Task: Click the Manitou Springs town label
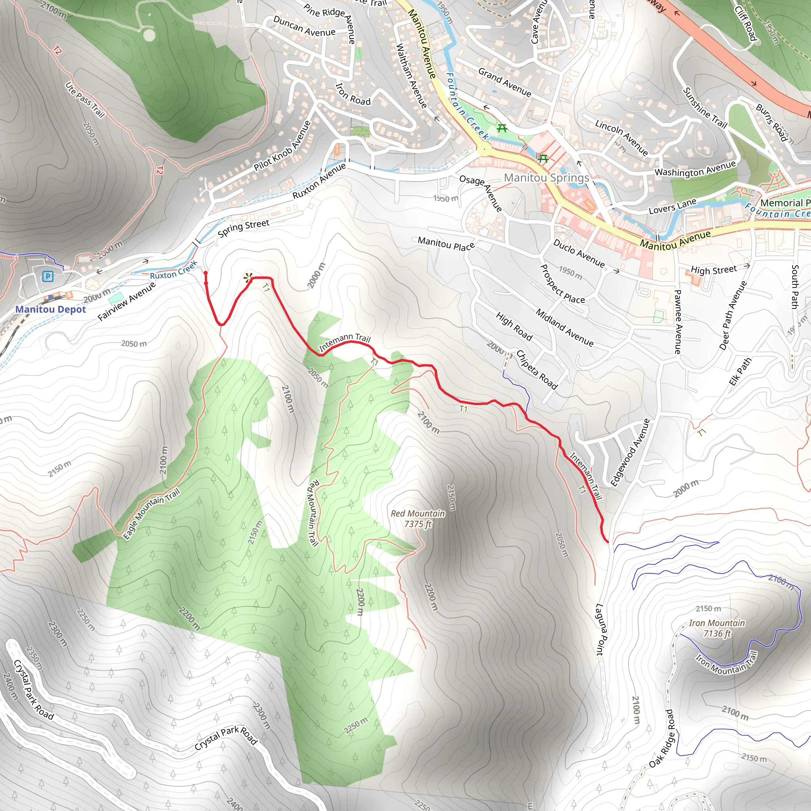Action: [x=546, y=177]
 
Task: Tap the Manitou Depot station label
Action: [x=50, y=309]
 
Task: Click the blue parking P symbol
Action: [x=48, y=276]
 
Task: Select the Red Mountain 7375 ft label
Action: [x=418, y=518]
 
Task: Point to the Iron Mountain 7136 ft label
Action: [x=717, y=628]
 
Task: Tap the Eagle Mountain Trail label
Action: [x=152, y=513]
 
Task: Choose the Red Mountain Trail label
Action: [x=314, y=513]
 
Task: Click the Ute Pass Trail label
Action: [x=85, y=100]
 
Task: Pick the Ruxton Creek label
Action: [x=173, y=270]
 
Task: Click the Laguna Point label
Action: [x=600, y=629]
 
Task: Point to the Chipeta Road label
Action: [x=537, y=370]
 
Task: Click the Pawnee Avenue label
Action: [x=678, y=322]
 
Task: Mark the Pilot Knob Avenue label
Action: [x=282, y=146]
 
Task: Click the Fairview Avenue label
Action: [x=126, y=301]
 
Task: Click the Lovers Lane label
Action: [x=672, y=206]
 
